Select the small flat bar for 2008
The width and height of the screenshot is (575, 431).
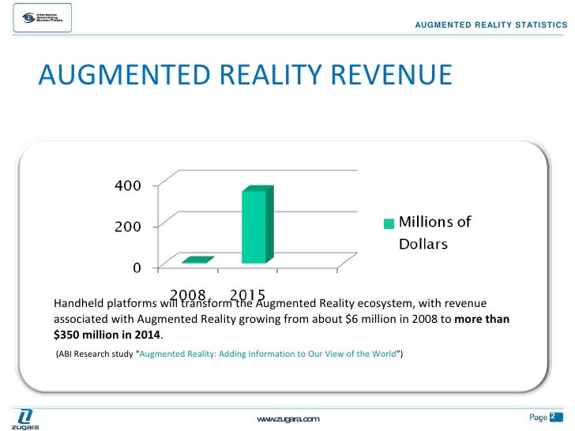click(x=197, y=260)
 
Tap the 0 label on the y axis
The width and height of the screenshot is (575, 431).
click(x=136, y=268)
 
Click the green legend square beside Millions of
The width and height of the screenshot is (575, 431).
click(x=388, y=223)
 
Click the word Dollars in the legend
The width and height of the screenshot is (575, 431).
click(x=423, y=244)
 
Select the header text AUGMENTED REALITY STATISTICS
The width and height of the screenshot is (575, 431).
click(x=490, y=25)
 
